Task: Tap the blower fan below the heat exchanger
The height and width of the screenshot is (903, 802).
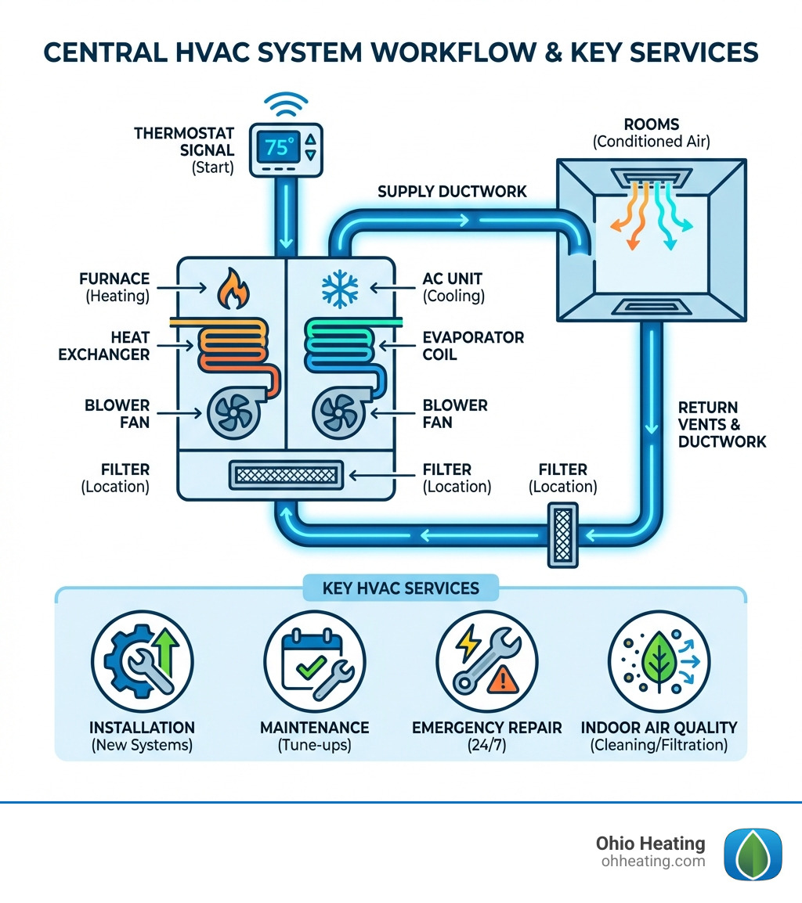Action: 233,411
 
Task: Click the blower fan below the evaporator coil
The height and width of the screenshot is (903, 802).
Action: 338,411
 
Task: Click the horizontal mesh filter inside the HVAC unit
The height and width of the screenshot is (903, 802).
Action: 285,473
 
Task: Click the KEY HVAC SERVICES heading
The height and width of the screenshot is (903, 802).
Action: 400,588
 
